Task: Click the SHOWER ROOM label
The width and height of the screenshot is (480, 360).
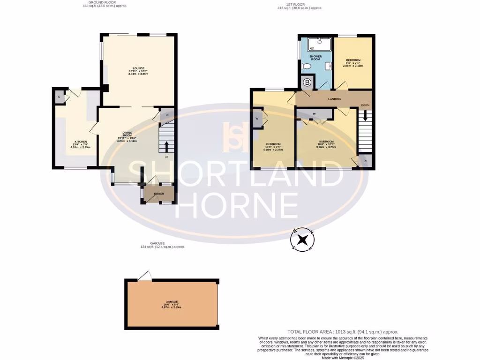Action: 315,59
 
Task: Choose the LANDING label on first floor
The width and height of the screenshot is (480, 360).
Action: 334,99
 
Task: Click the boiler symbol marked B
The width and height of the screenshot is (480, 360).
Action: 307,83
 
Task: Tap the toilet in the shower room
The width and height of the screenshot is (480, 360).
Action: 307,67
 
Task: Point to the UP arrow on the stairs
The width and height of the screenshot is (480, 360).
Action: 166,147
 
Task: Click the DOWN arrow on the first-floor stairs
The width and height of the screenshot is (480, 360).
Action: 365,115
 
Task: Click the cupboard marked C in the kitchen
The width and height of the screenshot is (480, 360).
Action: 59,97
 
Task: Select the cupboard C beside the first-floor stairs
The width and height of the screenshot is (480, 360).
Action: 366,162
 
